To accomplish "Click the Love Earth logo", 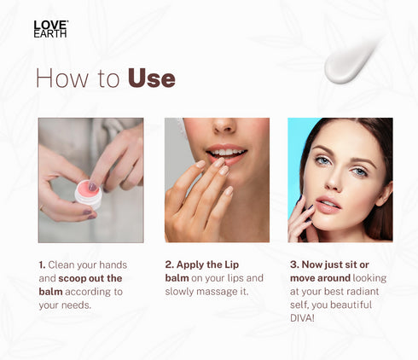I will point(50,28).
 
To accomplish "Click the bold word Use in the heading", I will point(151,78).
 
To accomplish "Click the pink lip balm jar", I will point(88,192).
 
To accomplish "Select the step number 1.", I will point(42,264).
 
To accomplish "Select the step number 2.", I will point(169,264).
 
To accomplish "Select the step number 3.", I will point(293,264).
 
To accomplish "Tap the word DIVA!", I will point(303,319).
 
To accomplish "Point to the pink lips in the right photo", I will point(329,204).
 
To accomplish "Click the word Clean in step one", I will point(62,264).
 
